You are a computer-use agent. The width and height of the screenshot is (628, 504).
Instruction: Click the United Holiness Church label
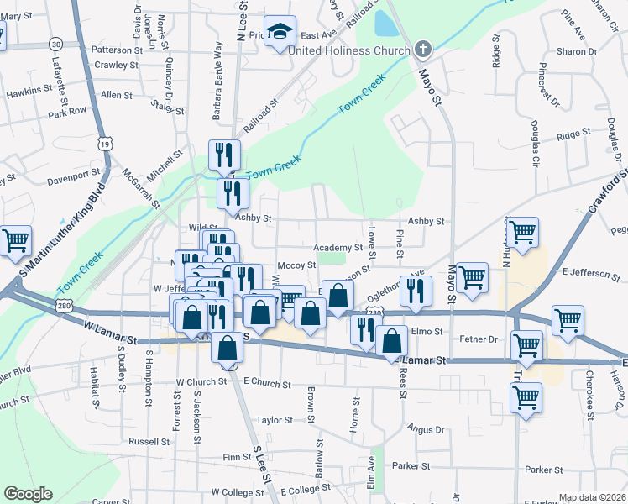point(348,50)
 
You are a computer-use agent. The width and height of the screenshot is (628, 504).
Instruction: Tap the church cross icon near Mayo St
point(422,49)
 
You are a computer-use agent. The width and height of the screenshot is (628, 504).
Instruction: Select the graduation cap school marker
point(280,32)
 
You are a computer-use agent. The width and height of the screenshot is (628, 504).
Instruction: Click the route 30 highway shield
point(55,43)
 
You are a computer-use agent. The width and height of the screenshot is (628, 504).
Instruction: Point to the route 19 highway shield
point(105,144)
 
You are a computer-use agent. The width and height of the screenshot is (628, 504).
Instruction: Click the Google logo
point(28,494)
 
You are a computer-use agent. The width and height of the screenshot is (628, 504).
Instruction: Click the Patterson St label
point(103,50)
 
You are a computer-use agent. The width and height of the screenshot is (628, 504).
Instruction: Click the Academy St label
point(338,248)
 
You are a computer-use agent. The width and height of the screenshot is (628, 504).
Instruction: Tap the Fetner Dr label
point(480,339)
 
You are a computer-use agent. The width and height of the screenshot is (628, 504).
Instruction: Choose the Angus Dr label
point(426,429)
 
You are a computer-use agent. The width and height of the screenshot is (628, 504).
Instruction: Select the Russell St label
point(149,441)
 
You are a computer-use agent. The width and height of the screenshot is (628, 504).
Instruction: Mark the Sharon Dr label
point(576,51)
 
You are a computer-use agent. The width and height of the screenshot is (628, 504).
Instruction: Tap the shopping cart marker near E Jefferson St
point(472,278)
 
